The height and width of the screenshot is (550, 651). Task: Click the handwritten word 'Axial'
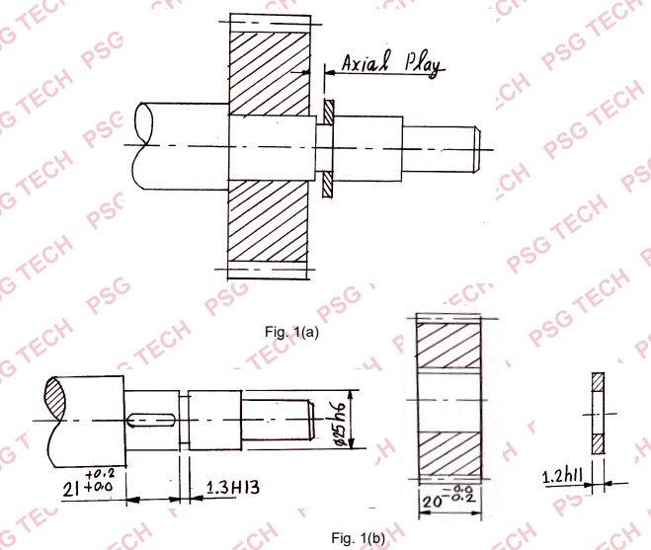365,63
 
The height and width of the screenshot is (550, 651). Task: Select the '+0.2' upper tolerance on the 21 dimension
100,473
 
